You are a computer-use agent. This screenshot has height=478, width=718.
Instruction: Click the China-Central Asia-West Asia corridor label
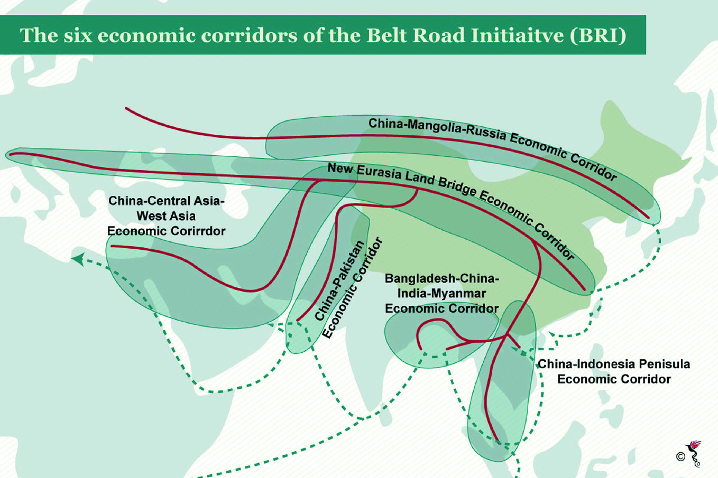166,216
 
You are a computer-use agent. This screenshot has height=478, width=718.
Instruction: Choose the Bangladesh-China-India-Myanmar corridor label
441,294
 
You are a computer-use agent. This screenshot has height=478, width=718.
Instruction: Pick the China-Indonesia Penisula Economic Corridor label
613,371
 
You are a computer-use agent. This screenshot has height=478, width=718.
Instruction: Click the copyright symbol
680,456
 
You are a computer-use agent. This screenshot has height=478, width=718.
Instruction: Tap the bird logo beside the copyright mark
694,453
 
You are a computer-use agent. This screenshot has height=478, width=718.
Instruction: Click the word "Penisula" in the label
666,364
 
